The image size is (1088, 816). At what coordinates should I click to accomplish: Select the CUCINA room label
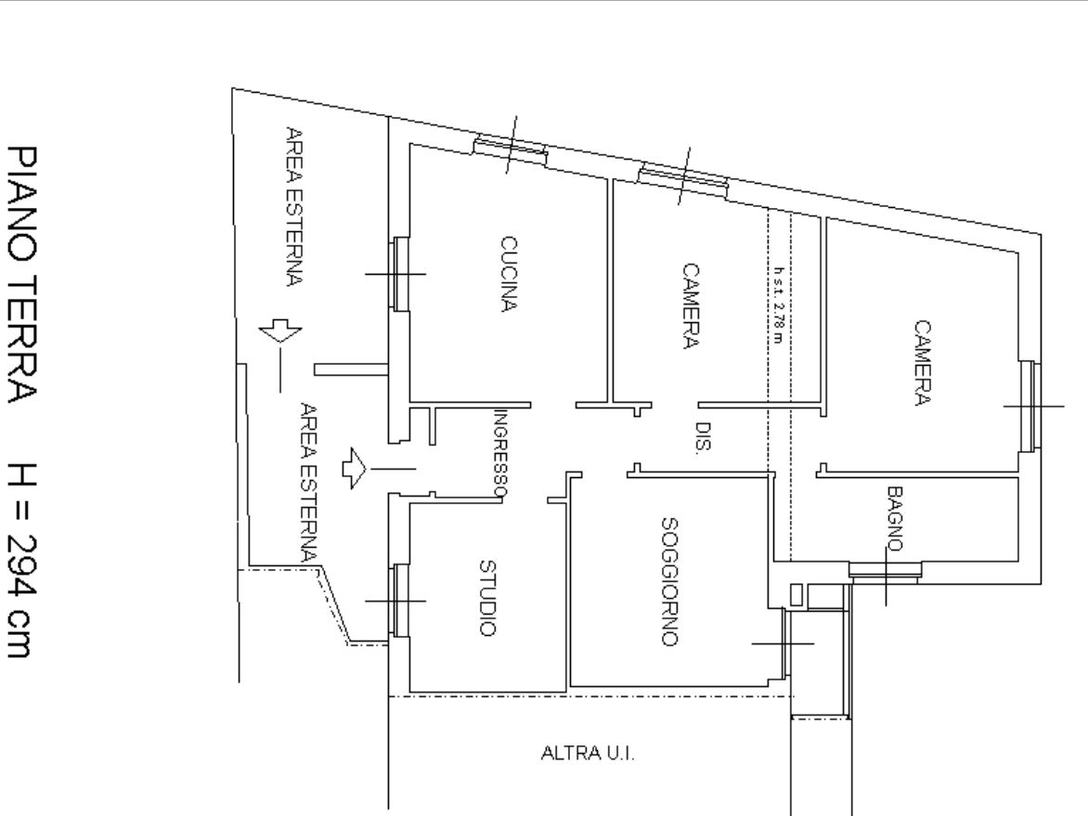(509, 275)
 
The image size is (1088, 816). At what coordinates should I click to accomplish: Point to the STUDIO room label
(487, 598)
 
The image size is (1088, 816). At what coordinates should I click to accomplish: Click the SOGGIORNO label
(669, 581)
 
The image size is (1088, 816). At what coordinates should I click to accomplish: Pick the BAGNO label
(895, 518)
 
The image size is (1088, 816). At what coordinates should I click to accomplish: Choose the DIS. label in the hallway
(703, 437)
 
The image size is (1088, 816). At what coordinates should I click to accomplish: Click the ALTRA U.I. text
(588, 753)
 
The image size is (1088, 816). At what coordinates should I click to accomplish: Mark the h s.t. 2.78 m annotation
(779, 304)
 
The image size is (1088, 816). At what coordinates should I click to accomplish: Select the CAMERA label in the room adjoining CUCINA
(691, 305)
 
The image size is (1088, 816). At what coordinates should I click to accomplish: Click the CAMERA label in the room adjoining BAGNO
(922, 362)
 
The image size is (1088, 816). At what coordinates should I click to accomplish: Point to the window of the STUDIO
(400, 601)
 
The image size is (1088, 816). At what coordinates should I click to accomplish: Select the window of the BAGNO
(886, 571)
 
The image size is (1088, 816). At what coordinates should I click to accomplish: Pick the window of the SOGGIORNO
(785, 643)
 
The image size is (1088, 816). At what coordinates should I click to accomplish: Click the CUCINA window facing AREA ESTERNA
(400, 273)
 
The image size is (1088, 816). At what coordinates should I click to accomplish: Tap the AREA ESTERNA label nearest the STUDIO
(309, 482)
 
